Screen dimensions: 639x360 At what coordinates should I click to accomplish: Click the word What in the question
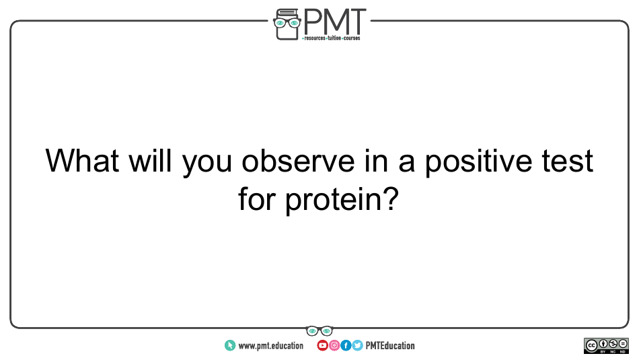tap(82, 161)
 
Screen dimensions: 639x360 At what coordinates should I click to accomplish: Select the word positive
tap(478, 162)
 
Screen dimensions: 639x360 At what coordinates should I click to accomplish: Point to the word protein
tap(342, 200)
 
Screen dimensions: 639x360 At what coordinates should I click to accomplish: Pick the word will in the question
tap(150, 160)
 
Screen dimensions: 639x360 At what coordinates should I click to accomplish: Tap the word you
tap(206, 164)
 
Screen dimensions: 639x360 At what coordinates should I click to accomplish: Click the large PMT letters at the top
tap(334, 22)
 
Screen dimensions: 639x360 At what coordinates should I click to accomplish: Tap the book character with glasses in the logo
tap(287, 24)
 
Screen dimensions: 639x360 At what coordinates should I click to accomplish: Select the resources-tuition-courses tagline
tap(332, 38)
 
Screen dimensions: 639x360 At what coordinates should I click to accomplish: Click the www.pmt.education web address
tap(270, 346)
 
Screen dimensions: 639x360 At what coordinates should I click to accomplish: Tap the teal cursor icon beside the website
tap(230, 346)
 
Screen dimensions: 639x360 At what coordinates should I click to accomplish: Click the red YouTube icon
tap(322, 346)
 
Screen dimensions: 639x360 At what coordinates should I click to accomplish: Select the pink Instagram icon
tap(334, 346)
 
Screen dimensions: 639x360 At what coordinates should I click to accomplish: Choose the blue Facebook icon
tap(346, 346)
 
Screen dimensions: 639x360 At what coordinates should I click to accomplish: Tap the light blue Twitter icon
tap(357, 346)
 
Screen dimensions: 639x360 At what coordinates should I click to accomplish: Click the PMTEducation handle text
tap(390, 346)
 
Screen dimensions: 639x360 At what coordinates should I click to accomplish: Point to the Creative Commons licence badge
tap(607, 346)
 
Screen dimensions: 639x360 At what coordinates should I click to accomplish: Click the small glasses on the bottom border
tap(319, 330)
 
